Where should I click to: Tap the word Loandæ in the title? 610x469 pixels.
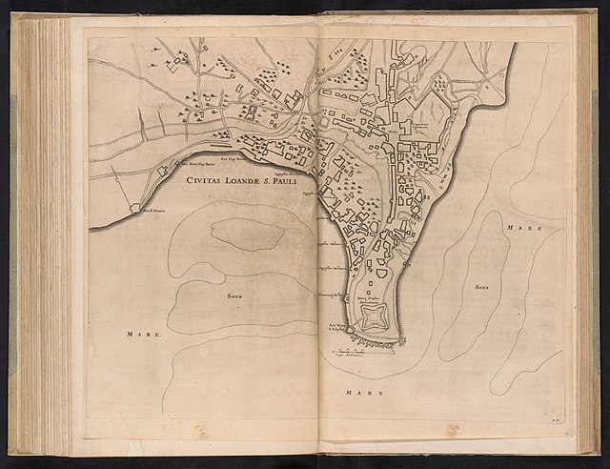244,178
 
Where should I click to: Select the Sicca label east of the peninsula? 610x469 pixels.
482,286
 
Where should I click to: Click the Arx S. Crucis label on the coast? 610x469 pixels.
155,211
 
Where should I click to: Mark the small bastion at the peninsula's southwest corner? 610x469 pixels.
349,330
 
